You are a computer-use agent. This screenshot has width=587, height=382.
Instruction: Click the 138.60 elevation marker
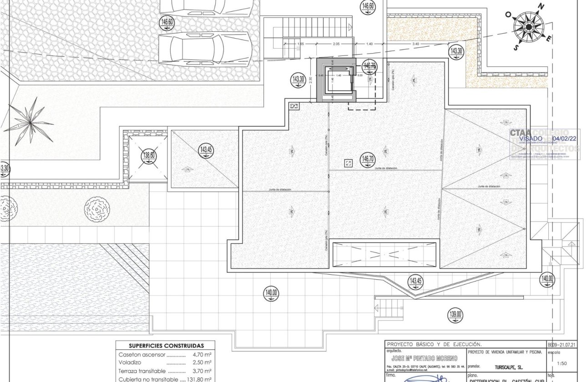tap(148, 155)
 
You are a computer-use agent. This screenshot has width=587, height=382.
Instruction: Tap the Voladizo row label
tap(130, 363)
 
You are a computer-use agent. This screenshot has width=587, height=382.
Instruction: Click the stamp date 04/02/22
tap(564, 138)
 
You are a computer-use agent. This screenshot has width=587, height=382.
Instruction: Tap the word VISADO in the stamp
tap(531, 138)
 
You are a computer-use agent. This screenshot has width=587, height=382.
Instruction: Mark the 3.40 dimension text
tap(415, 44)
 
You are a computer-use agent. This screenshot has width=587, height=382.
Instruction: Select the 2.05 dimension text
tap(336, 44)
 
